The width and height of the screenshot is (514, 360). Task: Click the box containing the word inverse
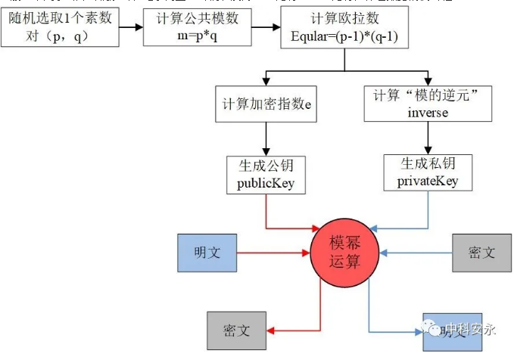[x=428, y=104]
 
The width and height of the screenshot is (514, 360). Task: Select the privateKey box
[x=428, y=173]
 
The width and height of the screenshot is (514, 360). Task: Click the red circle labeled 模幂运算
[x=347, y=254]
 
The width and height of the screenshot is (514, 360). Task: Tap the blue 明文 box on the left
[x=207, y=253]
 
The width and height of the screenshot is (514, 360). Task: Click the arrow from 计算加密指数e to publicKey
[x=266, y=139]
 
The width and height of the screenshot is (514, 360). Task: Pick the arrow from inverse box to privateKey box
[x=428, y=138]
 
